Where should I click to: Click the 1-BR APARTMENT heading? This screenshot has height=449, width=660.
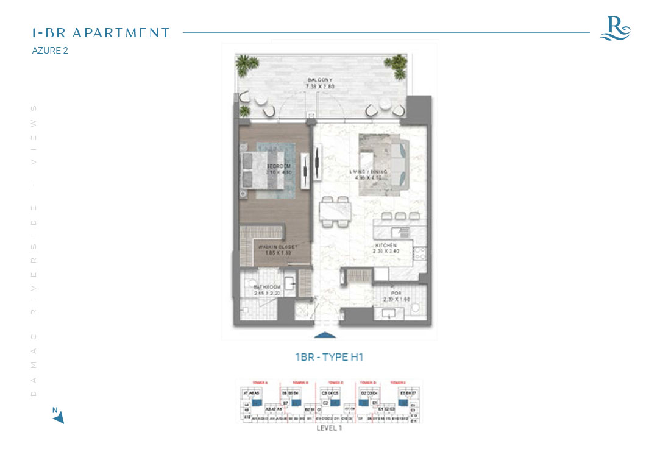coord(101,33)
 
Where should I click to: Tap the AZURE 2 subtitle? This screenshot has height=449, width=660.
coord(50,51)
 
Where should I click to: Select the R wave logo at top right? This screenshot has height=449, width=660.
coord(615,28)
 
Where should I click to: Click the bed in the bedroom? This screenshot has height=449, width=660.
coord(263,169)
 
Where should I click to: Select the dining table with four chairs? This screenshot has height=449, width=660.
coord(335,211)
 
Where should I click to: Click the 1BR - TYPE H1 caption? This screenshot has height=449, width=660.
coord(329,357)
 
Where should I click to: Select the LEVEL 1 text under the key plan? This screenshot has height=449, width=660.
coord(329,428)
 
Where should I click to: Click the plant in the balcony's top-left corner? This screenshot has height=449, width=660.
coord(247,64)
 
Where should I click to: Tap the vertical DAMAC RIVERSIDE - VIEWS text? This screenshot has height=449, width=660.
coord(34,250)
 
